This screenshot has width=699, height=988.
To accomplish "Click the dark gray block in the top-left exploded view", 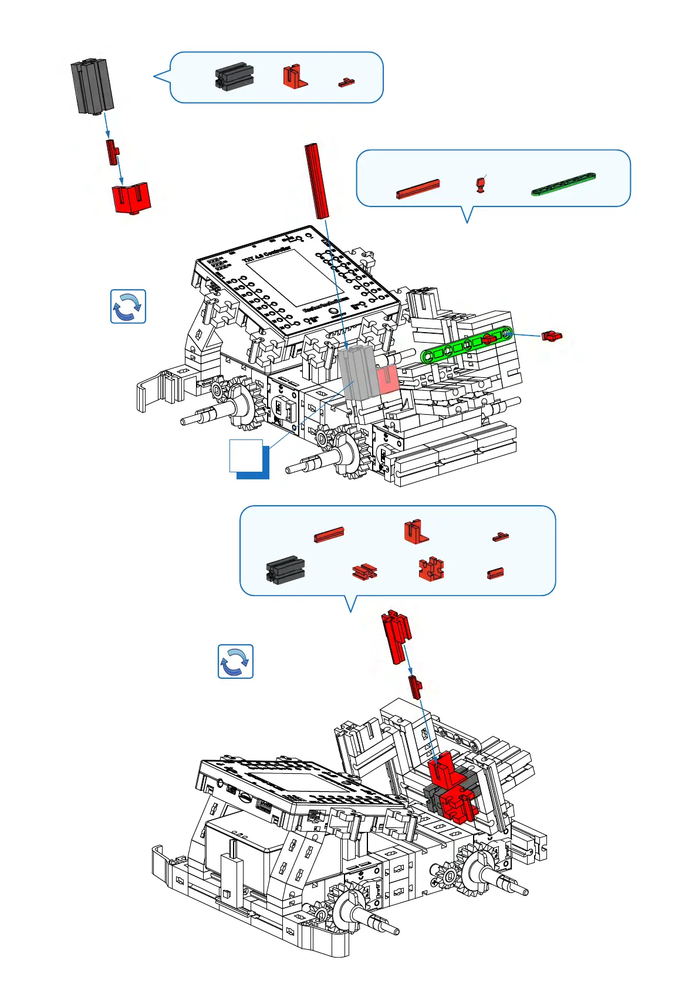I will point(92,86).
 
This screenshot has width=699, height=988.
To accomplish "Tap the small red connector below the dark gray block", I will point(112,152).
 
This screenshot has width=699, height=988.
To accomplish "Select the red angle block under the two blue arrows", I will point(131,198).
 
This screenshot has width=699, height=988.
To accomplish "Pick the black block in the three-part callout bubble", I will point(234,77).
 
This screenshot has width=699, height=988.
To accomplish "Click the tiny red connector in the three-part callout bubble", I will point(346,82).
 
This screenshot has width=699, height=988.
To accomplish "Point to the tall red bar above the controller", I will point(316,180).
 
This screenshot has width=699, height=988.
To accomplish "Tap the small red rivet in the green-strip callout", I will point(481,185).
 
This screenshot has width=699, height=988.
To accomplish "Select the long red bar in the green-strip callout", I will point(418,189).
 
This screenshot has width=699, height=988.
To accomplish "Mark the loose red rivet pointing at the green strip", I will point(551,336).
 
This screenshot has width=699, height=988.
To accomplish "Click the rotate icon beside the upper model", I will point(128,306).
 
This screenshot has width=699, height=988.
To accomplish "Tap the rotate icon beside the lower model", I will point(235,661).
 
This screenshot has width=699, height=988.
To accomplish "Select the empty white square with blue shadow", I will point(246,455).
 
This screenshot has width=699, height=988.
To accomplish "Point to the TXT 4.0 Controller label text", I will point(266,253).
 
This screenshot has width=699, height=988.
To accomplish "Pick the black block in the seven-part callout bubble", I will point(285,569).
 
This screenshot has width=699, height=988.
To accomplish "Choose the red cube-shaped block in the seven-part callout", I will point(431,569).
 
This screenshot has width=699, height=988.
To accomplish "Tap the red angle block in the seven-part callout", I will point(416,532).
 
